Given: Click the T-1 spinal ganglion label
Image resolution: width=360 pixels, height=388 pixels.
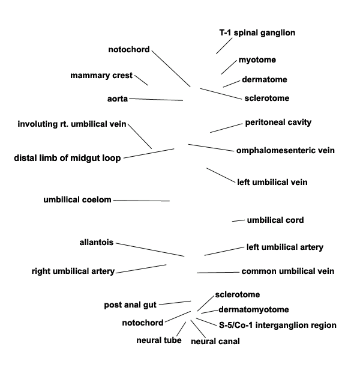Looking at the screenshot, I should pyautogui.click(x=257, y=33).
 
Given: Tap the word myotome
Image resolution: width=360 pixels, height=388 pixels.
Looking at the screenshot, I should pyautogui.click(x=257, y=60).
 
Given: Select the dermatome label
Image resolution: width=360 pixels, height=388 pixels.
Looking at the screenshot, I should pyautogui.click(x=264, y=79).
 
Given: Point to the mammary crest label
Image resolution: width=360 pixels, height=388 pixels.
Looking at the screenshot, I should pyautogui.click(x=101, y=76).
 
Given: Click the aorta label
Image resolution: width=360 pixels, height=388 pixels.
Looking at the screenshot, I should pyautogui.click(x=117, y=98).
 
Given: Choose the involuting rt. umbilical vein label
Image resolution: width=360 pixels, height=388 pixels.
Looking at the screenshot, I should pyautogui.click(x=72, y=124).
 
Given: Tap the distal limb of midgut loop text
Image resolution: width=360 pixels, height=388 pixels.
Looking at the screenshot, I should pyautogui.click(x=67, y=159).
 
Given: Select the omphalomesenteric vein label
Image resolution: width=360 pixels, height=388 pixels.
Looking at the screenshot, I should pyautogui.click(x=285, y=150).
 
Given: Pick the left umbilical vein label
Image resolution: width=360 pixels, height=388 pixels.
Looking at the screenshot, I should pyautogui.click(x=272, y=182).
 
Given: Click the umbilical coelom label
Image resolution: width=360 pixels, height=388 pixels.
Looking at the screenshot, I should pyautogui.click(x=77, y=200).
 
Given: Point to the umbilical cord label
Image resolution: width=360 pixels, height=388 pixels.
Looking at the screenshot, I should pyautogui.click(x=275, y=220).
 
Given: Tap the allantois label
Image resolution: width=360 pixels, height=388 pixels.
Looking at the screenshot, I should pyautogui.click(x=97, y=243).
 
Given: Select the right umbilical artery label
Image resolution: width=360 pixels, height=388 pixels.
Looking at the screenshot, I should pyautogui.click(x=73, y=271).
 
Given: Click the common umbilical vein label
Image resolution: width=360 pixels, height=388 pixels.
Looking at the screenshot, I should pyautogui.click(x=287, y=271).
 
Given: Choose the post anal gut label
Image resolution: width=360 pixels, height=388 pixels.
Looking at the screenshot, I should pyautogui.click(x=130, y=305).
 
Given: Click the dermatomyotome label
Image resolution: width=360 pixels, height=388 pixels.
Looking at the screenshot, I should pyautogui.click(x=253, y=310).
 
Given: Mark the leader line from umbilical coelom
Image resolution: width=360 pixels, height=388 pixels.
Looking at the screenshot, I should pyautogui.click(x=141, y=201).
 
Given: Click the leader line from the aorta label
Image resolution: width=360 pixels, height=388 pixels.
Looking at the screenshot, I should pyautogui.click(x=155, y=99).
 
